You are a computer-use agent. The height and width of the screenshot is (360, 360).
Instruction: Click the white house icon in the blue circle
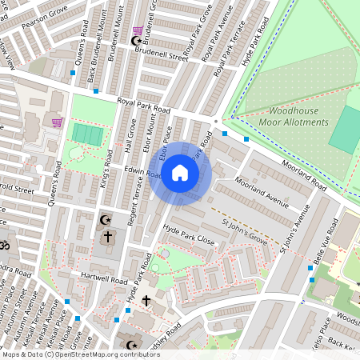tap(180, 172)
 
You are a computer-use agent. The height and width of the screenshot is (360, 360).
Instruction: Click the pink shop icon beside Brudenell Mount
tap(138, 30)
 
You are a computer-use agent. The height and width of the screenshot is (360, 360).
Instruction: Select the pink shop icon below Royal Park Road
tap(57, 122)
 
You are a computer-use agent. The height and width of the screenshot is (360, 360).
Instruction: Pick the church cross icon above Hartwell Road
tap(107, 237)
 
